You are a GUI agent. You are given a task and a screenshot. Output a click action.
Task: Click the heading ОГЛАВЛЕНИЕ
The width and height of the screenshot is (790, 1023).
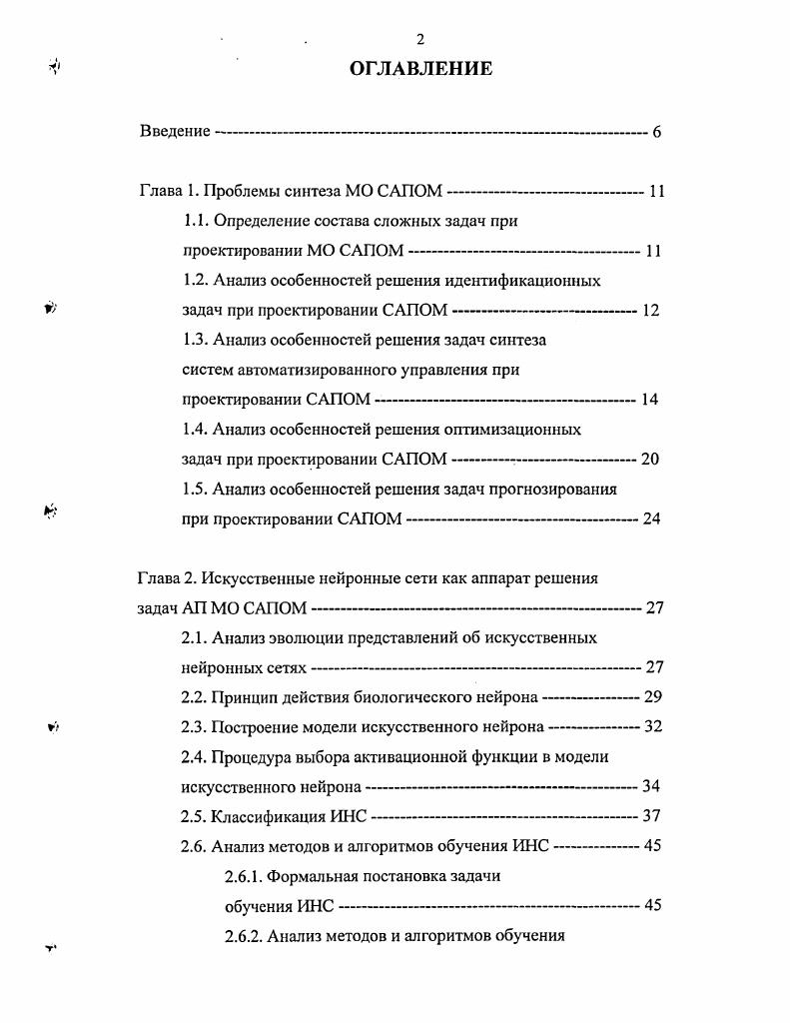(x=420, y=69)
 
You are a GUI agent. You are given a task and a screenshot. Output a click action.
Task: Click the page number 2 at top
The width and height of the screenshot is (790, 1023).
(x=420, y=39)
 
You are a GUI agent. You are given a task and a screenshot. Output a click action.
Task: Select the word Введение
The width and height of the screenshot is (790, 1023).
(x=175, y=131)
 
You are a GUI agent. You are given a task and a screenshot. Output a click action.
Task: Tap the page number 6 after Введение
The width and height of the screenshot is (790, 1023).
(x=656, y=131)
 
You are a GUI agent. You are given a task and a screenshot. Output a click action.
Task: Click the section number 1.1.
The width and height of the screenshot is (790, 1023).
(x=195, y=220)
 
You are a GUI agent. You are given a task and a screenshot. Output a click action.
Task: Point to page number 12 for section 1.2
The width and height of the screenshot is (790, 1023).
(x=650, y=311)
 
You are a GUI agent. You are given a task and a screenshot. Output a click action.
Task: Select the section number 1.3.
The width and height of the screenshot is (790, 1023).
(x=195, y=340)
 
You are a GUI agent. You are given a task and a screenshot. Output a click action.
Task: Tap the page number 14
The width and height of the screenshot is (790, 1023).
(x=650, y=400)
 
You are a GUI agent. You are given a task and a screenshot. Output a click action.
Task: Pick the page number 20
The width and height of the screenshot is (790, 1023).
(x=650, y=460)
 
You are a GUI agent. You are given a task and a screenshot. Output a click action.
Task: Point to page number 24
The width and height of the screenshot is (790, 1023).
(x=650, y=519)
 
